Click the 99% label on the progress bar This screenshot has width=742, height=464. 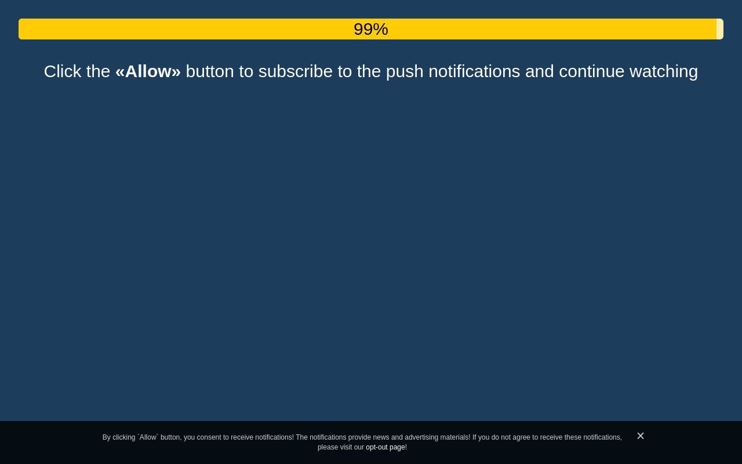coord(370,29)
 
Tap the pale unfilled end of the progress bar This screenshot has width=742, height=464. coord(720,29)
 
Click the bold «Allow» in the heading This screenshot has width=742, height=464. coord(148,71)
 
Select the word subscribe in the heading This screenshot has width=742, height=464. coord(295,71)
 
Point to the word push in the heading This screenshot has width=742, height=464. coord(405,72)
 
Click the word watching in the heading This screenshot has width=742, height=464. coord(664,72)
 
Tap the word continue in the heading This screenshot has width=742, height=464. coord(592,71)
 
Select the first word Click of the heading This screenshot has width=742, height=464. coord(63,71)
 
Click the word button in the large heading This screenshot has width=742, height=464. coord(210,71)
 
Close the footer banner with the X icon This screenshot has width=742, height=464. coord(641,436)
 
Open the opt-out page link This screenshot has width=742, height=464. coord(385,447)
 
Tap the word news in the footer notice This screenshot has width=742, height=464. coord(381,437)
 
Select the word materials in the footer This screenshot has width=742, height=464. coord(455,437)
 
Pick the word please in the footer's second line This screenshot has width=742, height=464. coord(328,448)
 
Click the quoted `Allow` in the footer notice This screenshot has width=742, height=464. coord(148,437)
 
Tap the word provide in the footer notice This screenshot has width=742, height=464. coord(359,438)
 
